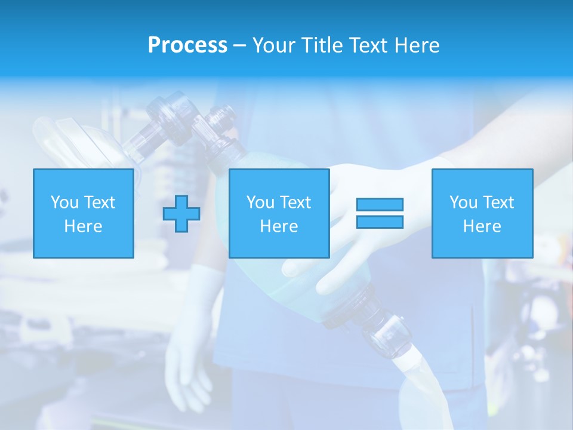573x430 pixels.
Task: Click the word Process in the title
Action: click(x=187, y=45)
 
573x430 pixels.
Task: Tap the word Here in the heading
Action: click(x=415, y=45)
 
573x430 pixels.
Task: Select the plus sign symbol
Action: click(x=181, y=213)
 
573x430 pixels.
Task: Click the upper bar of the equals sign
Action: click(x=380, y=204)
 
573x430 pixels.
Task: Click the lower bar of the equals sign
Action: click(x=380, y=222)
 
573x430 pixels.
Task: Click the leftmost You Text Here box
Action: click(x=83, y=213)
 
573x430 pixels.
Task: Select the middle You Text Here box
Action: click(x=279, y=213)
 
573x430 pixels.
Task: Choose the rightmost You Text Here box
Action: click(x=482, y=213)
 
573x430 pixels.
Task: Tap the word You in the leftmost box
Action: click(x=64, y=202)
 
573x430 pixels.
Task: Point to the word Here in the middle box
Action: click(x=279, y=226)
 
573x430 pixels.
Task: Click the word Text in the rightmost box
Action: click(x=498, y=202)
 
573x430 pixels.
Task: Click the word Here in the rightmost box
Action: click(x=482, y=226)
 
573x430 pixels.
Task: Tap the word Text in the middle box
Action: click(x=295, y=202)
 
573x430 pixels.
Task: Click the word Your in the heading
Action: click(x=275, y=45)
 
